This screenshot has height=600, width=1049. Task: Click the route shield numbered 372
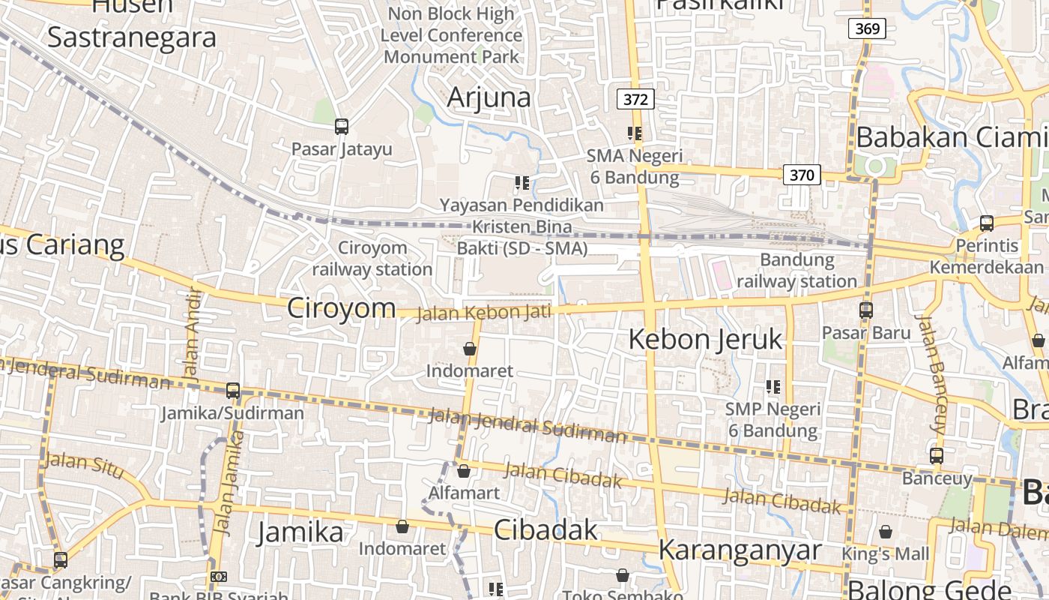coord(635,99)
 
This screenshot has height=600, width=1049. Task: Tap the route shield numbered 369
coord(867,29)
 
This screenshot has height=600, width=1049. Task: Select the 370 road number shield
coord(802,175)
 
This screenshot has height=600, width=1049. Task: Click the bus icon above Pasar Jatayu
coord(342,127)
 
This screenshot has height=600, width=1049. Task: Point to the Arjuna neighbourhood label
coord(489,97)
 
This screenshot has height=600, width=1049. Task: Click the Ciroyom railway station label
coord(372,258)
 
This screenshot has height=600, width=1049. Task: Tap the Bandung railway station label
coord(796,271)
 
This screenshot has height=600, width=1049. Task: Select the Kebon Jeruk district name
coord(705,339)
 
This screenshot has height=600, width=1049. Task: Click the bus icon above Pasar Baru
coord(866,310)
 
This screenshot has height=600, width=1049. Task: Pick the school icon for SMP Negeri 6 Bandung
coord(773,387)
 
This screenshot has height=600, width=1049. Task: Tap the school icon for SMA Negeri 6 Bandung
coord(635,134)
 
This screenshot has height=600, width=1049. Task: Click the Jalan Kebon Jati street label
coord(484,312)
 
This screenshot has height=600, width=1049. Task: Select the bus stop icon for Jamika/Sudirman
coord(233,391)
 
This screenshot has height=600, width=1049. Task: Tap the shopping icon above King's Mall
coord(886,532)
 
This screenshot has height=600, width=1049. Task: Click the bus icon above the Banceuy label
coord(936,455)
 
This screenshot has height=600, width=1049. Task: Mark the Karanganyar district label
coord(740,550)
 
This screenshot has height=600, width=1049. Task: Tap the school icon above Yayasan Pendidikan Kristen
coord(522,182)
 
